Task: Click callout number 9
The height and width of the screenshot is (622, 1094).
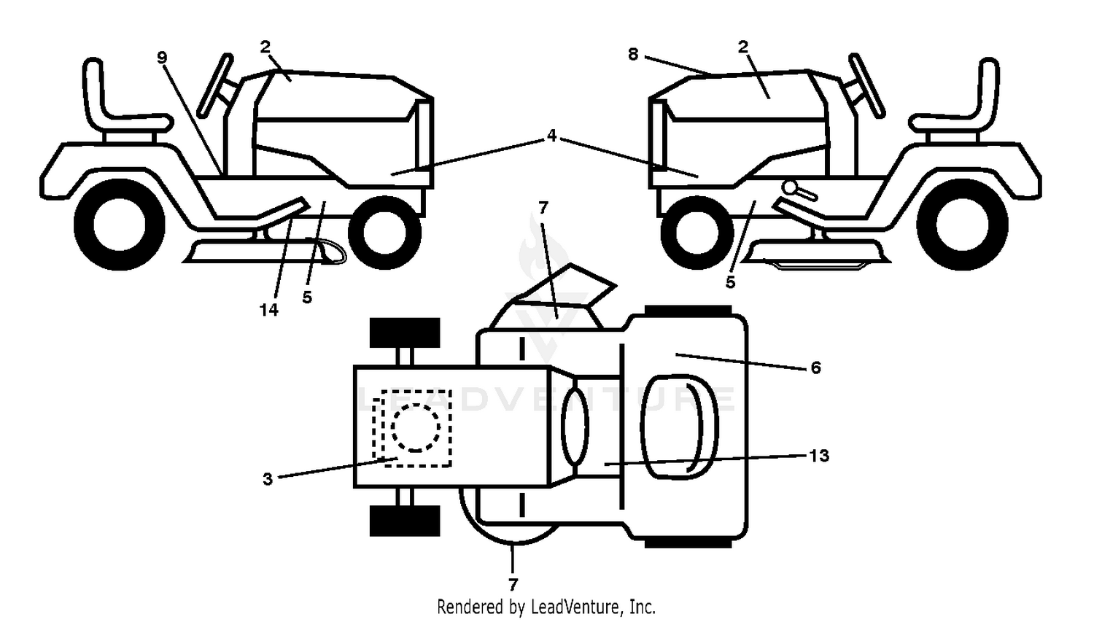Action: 162,58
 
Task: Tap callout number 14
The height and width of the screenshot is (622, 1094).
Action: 268,309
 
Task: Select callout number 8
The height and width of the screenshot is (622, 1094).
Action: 633,54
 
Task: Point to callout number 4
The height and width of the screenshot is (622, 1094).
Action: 551,135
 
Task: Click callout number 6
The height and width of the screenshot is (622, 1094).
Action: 815,367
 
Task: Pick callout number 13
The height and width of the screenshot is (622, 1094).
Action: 819,455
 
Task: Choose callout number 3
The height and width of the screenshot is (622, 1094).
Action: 267,479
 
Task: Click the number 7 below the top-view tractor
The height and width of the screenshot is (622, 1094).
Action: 513,584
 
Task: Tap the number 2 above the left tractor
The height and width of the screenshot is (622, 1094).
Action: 265,47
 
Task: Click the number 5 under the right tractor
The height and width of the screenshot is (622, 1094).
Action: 730,281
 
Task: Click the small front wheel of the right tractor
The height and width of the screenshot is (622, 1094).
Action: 697,233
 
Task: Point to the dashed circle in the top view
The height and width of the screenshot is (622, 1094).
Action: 416,428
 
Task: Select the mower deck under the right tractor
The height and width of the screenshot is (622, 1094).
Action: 815,253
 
